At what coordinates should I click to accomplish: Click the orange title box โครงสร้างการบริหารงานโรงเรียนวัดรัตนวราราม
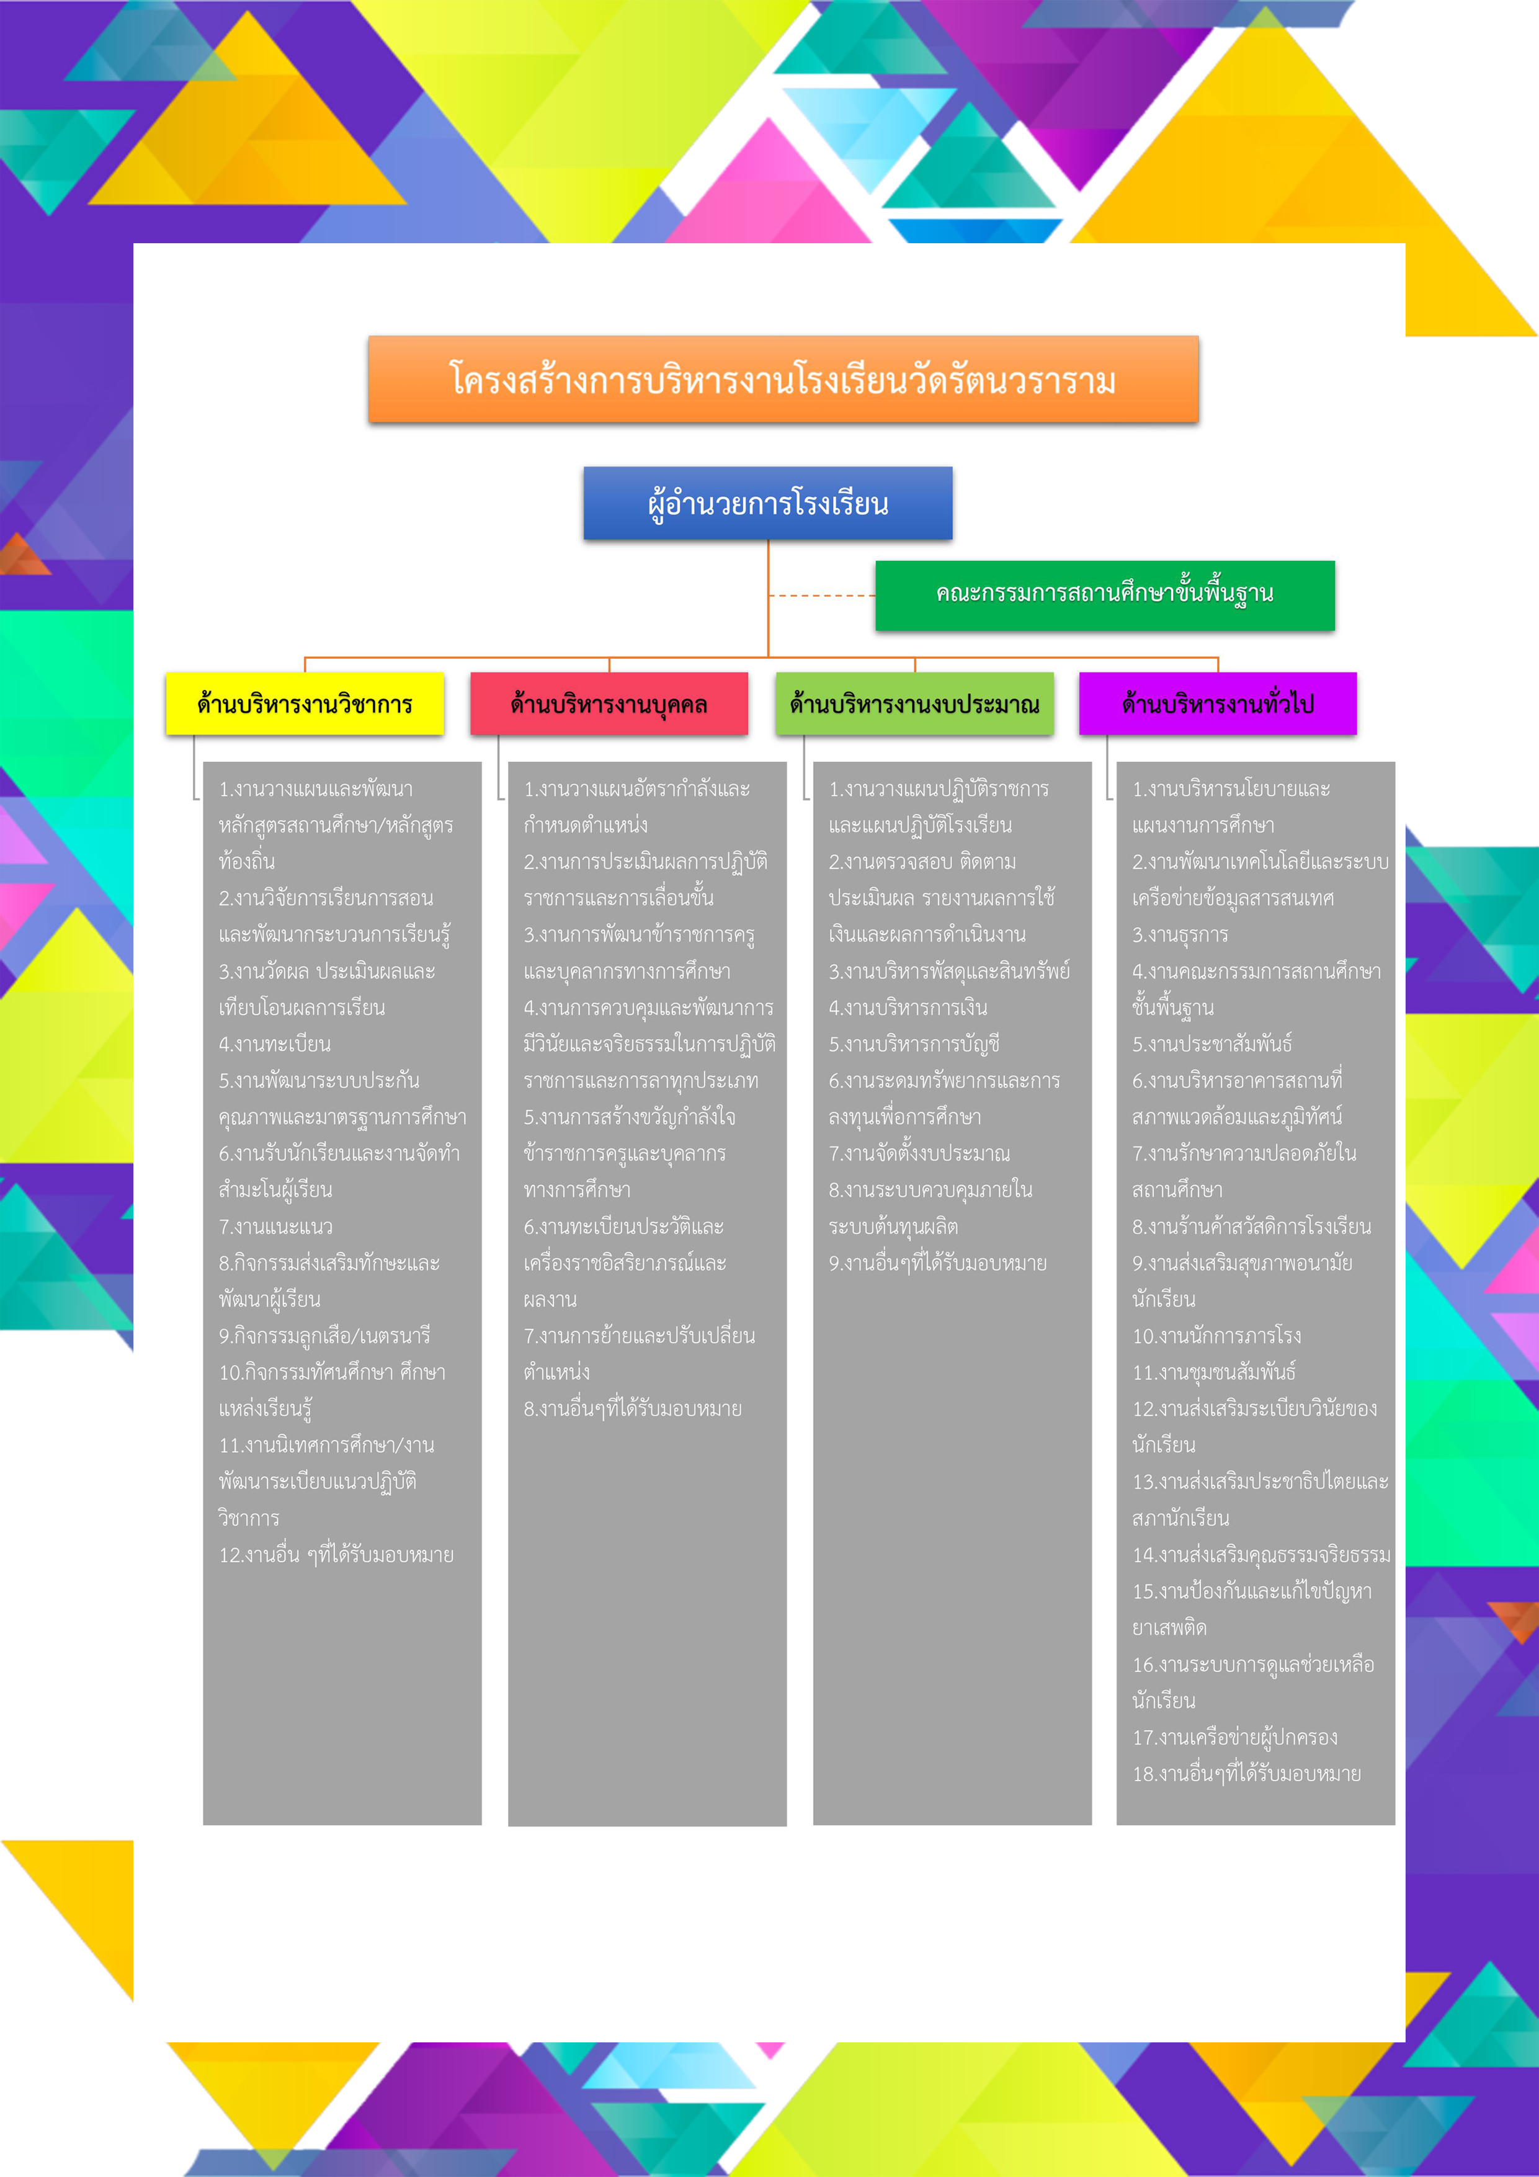coord(783,379)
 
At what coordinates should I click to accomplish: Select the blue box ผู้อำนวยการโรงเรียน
coord(768,504)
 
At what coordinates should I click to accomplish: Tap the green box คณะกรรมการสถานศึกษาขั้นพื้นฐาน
coord(1105,594)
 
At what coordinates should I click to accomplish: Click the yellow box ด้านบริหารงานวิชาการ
coord(305,704)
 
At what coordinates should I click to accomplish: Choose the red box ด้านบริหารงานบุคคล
coord(609,704)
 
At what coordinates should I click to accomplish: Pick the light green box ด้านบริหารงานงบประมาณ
coord(914,704)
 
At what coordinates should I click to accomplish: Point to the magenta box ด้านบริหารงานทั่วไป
coord(1218,704)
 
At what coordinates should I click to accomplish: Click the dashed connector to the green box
coord(821,596)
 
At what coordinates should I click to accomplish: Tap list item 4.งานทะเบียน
coord(275,1044)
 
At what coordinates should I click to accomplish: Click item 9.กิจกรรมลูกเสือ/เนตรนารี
coord(324,1336)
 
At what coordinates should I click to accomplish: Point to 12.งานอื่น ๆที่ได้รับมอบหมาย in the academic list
coord(337,1555)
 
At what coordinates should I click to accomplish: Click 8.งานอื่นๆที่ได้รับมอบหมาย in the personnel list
coord(633,1409)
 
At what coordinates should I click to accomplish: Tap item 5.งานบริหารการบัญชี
coord(914,1044)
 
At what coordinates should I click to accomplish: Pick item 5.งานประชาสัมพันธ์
coord(1212,1044)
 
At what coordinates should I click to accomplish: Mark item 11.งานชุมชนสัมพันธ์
coord(1214,1372)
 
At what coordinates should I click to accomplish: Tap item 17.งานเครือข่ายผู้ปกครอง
coord(1234,1737)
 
